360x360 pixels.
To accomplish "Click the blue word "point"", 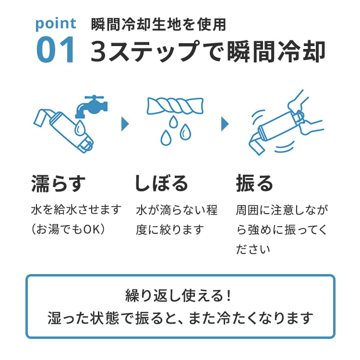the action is pos(56,24).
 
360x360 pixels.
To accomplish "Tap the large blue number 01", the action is pos(55,49).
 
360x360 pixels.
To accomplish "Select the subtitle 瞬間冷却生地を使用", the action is pos(159,24).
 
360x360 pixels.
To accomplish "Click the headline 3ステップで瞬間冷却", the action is pos(208,51).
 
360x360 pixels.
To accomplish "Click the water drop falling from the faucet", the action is pos(80,127).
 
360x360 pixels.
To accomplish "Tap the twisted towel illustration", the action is pos(175,106).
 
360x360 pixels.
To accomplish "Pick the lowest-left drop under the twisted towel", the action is pos(166,138).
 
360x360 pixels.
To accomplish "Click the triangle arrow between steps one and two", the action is pos(125,124).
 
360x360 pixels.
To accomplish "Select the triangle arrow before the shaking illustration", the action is pos(225,124).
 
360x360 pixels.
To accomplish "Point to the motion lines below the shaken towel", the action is pos(285,146).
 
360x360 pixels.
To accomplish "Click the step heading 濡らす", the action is pos(58,183).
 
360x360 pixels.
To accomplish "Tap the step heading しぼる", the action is pos(161,183).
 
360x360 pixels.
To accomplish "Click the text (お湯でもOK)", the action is pos(68,229).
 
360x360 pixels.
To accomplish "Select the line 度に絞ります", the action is pos(170,229).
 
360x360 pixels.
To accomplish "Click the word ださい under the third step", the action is pos(253,249).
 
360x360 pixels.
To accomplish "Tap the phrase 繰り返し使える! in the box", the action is pos(178,295).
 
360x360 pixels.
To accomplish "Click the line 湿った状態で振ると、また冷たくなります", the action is pos(180,318).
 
